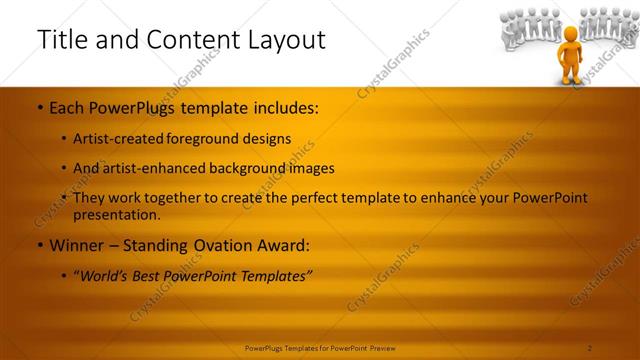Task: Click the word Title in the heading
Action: (59, 40)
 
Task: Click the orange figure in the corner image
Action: (570, 55)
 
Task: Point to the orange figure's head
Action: (570, 34)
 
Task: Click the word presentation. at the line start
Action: (116, 214)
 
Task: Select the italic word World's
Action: (104, 276)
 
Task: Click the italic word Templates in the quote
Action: (274, 276)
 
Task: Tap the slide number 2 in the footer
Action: (590, 348)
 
